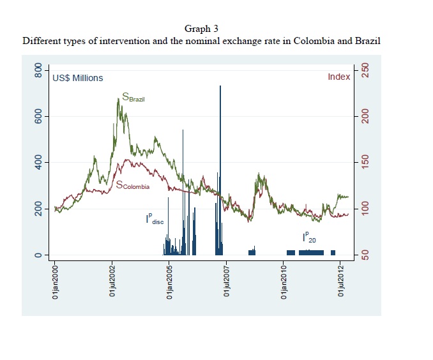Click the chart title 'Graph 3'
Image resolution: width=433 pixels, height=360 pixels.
click(201, 29)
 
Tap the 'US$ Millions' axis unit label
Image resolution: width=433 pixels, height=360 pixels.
click(78, 78)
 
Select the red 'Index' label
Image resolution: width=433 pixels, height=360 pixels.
click(339, 77)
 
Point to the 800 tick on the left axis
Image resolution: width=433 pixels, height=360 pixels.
click(38, 70)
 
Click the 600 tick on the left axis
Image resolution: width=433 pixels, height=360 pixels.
click(38, 117)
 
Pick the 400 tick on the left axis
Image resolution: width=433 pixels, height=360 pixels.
click(38, 163)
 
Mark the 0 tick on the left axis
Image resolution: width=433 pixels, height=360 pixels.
click(38, 255)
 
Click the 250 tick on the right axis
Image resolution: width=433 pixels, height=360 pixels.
click(365, 70)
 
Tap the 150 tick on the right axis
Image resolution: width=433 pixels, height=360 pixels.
click(365, 163)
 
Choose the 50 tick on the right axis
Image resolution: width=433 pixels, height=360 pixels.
click(365, 255)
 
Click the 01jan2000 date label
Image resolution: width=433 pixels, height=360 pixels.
click(55, 282)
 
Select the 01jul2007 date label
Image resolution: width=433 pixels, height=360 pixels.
click(227, 281)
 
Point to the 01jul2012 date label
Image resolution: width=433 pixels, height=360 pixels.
click(341, 281)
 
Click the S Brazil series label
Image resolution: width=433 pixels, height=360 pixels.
click(133, 97)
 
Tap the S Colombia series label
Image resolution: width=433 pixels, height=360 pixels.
click(133, 185)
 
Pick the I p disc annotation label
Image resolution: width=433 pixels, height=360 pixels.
click(155, 218)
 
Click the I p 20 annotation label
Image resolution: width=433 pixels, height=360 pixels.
click(309, 237)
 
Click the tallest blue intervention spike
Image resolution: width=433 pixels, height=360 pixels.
click(220, 170)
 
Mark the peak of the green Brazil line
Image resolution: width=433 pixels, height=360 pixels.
click(118, 98)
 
